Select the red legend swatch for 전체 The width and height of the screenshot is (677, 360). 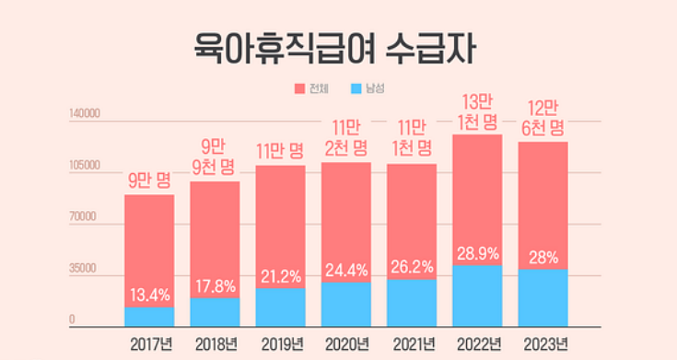tap(300, 89)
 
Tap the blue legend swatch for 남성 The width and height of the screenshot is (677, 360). tap(357, 89)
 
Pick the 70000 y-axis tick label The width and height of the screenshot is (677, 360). tap(87, 218)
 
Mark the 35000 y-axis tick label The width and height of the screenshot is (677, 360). tap(87, 270)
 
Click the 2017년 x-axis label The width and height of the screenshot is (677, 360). tap(150, 344)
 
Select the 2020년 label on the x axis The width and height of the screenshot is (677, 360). tap(346, 344)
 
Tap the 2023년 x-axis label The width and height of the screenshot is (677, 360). tap(543, 344)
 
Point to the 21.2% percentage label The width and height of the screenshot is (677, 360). tap(280, 276)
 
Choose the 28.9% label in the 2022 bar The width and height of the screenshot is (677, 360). tap(477, 251)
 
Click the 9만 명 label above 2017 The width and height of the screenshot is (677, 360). tap(150, 180)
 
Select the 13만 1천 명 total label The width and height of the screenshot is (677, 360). tap(477, 111)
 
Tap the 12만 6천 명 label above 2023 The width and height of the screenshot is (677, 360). tap(543, 118)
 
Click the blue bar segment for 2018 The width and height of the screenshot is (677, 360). tap(215, 312)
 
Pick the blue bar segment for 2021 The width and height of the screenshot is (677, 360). tap(412, 303)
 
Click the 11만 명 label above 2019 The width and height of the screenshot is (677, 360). tap(280, 151)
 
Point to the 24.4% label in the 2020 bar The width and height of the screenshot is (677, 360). tap(346, 270)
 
